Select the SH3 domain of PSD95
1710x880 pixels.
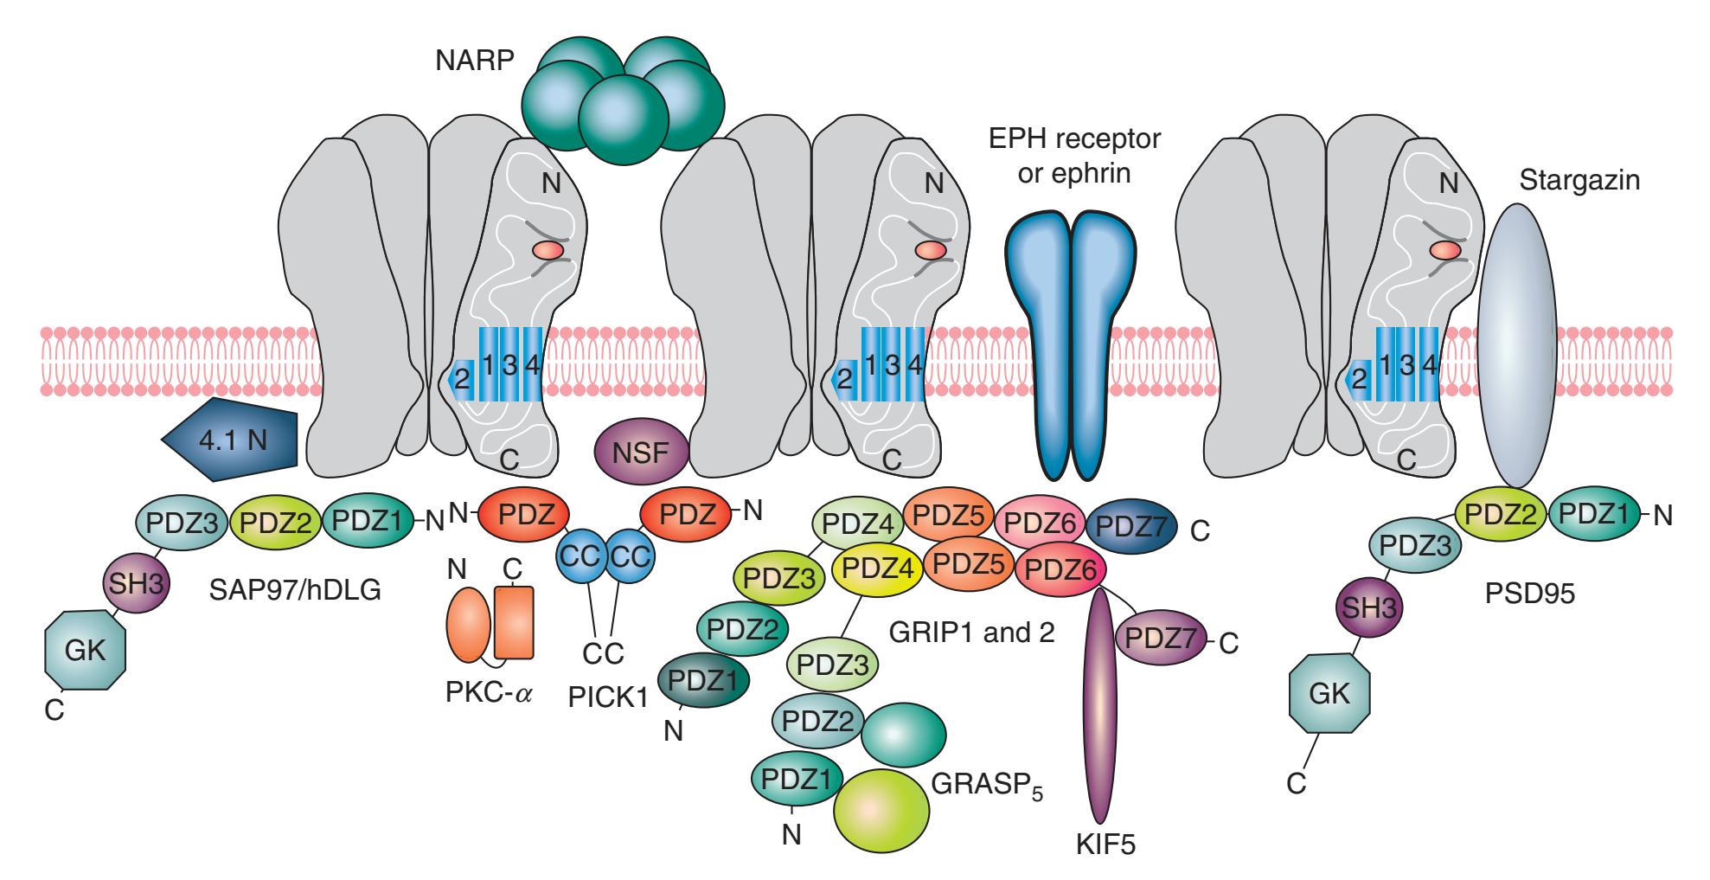point(1369,607)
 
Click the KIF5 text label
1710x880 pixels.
point(1100,844)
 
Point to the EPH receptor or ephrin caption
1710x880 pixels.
point(1075,155)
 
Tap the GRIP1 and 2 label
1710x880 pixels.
point(972,633)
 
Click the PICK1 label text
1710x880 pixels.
point(608,697)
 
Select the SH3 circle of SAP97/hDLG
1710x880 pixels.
point(136,581)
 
